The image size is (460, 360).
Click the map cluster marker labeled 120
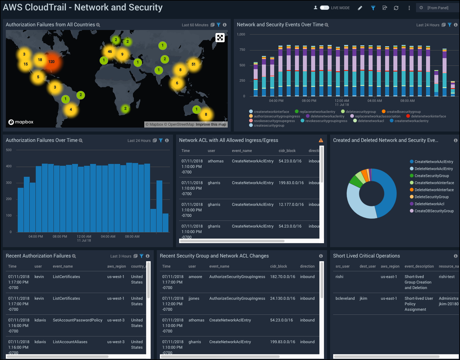51,62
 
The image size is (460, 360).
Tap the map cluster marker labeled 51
193,64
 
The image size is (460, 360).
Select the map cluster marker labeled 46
110,52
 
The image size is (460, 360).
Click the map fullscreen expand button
220,38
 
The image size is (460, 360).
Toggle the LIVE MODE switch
324,8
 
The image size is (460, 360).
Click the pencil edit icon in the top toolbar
360,8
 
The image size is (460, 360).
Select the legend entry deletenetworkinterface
428,116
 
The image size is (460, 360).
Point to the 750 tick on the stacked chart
242,50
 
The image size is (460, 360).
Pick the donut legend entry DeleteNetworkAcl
429,204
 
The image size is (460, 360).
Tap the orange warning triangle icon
321,140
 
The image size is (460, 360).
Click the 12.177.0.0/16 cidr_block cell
291,205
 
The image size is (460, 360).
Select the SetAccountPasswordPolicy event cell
77,320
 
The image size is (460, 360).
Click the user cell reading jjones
194,299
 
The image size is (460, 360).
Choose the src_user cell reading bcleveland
345,299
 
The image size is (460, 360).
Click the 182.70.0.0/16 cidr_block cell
282,277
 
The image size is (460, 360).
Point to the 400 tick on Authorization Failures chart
9,166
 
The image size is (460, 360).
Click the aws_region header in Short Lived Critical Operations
390,266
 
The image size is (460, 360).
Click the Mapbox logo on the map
21,122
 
